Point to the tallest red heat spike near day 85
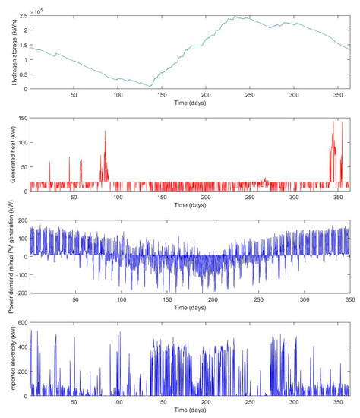tap(105, 131)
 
